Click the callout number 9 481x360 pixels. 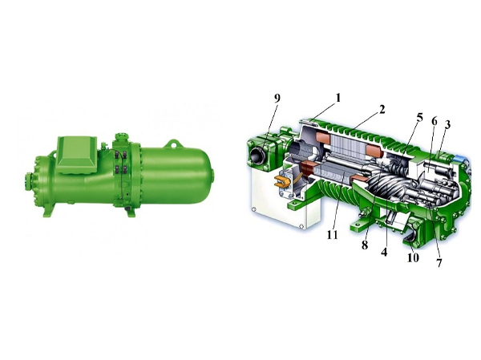coord(277,98)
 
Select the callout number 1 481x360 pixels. coord(338,98)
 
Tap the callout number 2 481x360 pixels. coord(382,109)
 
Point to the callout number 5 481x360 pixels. coord(419,117)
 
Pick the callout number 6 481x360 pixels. coord(434,121)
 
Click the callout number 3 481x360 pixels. coord(447,125)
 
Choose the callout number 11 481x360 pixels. coord(332,234)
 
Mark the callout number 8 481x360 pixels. coord(365,245)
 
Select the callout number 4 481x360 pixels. coord(384,252)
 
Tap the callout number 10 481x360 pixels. coord(413,257)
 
